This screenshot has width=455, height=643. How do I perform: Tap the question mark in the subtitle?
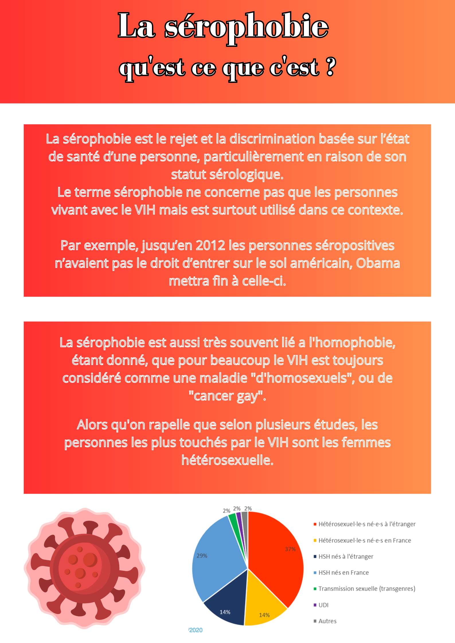click(x=330, y=67)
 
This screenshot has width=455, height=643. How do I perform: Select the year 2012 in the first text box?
click(x=210, y=245)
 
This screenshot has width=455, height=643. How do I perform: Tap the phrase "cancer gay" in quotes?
click(x=227, y=396)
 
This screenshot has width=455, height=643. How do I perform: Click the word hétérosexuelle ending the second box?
click(x=227, y=460)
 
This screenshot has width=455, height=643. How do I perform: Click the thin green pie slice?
click(x=234, y=524)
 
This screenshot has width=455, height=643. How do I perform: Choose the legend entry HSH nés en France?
click(x=343, y=573)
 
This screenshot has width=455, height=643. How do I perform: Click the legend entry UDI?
click(x=323, y=605)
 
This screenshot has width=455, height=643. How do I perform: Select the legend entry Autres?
click(x=327, y=621)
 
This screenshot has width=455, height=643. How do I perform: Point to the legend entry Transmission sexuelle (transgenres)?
click(x=367, y=589)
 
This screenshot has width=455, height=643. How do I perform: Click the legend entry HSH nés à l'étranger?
click(x=346, y=557)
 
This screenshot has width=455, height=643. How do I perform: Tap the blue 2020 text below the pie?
click(x=196, y=630)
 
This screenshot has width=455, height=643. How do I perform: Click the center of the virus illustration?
click(x=84, y=568)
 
